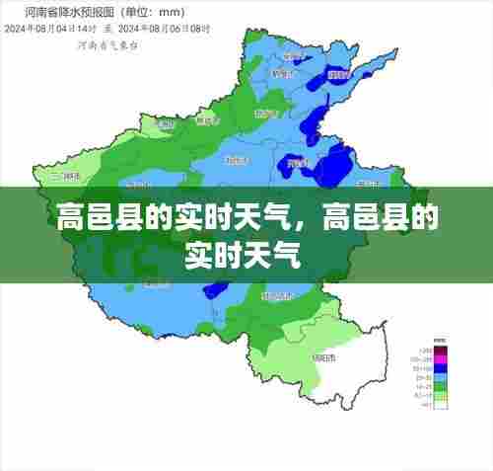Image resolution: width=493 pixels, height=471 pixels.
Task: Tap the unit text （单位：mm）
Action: (x=132, y=13)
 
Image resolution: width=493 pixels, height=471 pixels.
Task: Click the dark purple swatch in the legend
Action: (x=442, y=350)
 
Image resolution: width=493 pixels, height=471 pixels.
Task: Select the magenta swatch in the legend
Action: (x=442, y=359)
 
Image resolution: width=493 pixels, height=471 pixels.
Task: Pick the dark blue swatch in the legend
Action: (x=442, y=368)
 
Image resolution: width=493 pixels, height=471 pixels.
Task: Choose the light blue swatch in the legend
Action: (x=442, y=377)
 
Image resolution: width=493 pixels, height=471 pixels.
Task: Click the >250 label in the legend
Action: (x=425, y=350)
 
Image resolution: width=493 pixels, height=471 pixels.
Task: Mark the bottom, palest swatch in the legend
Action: (x=442, y=404)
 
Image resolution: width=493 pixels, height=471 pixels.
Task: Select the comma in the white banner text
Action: (x=311, y=219)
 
